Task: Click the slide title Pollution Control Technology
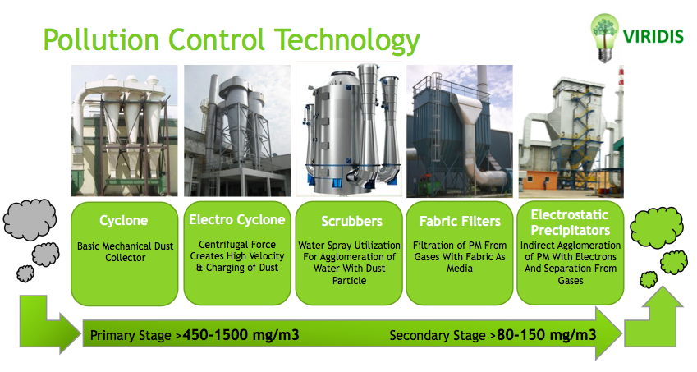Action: [x=231, y=39]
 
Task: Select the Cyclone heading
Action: [x=123, y=221]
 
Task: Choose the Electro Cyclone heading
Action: [x=236, y=219]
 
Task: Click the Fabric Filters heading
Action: [x=459, y=221]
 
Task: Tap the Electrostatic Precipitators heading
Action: [x=568, y=220]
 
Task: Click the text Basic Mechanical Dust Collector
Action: [x=123, y=251]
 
